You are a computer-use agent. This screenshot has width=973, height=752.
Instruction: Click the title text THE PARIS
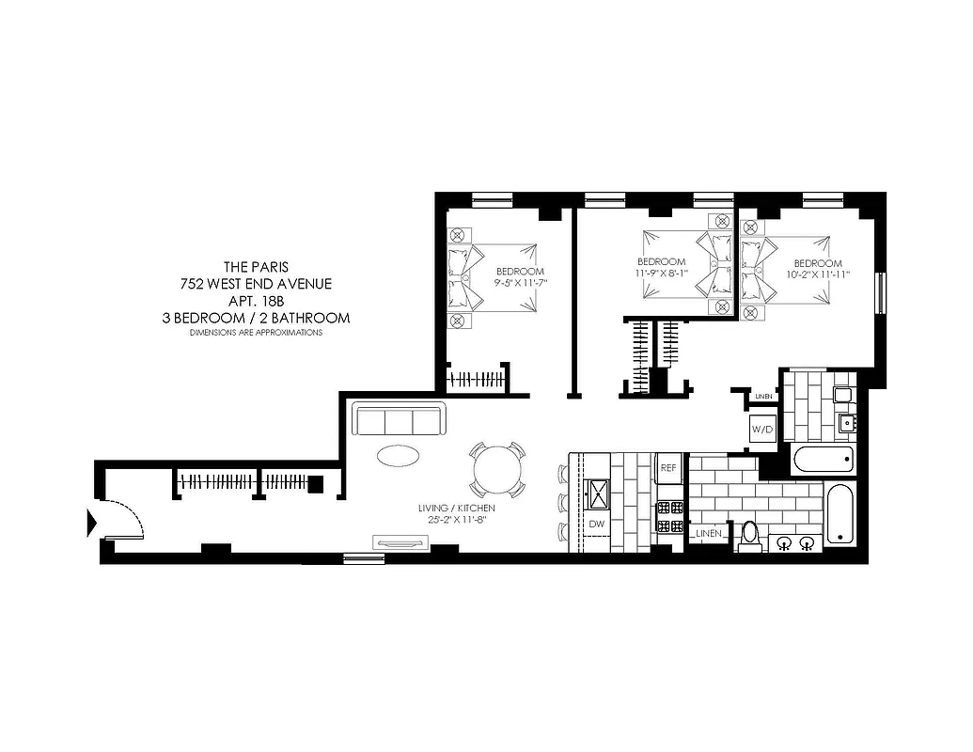point(256,265)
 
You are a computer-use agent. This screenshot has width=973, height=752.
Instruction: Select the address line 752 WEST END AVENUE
point(256,283)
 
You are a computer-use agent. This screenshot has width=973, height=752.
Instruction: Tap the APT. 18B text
point(256,301)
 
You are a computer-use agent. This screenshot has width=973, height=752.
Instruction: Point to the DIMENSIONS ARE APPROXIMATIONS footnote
point(256,333)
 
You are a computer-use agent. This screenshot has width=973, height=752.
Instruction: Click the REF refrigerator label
point(668,467)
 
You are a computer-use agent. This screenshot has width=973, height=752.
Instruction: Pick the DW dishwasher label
point(596,525)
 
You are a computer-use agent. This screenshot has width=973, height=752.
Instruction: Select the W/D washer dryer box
point(761,431)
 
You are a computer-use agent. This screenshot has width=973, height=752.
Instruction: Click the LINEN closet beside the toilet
point(709,534)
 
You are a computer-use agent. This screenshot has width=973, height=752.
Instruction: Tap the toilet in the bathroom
point(749,534)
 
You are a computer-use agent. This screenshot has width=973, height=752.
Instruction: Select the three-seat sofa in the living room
point(397,419)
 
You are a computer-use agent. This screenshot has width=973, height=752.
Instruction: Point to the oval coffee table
point(399,455)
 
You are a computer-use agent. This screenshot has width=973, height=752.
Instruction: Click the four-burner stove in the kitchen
point(668,515)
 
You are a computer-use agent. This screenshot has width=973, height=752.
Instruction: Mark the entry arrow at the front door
point(92,521)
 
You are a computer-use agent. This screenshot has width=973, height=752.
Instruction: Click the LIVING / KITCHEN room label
point(457,508)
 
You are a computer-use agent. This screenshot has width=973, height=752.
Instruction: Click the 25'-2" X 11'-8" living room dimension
point(457,520)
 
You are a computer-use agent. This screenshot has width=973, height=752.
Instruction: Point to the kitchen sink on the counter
point(596,490)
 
